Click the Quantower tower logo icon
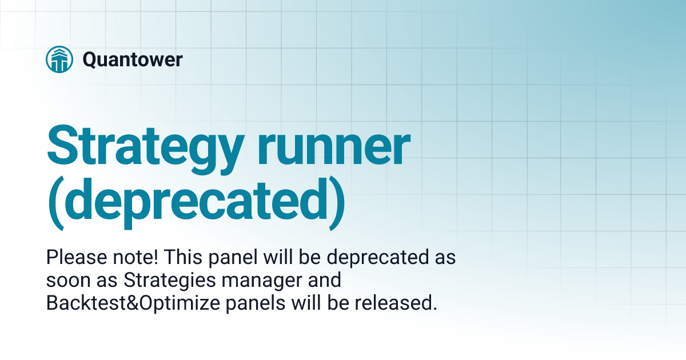59,59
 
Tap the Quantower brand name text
133,59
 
